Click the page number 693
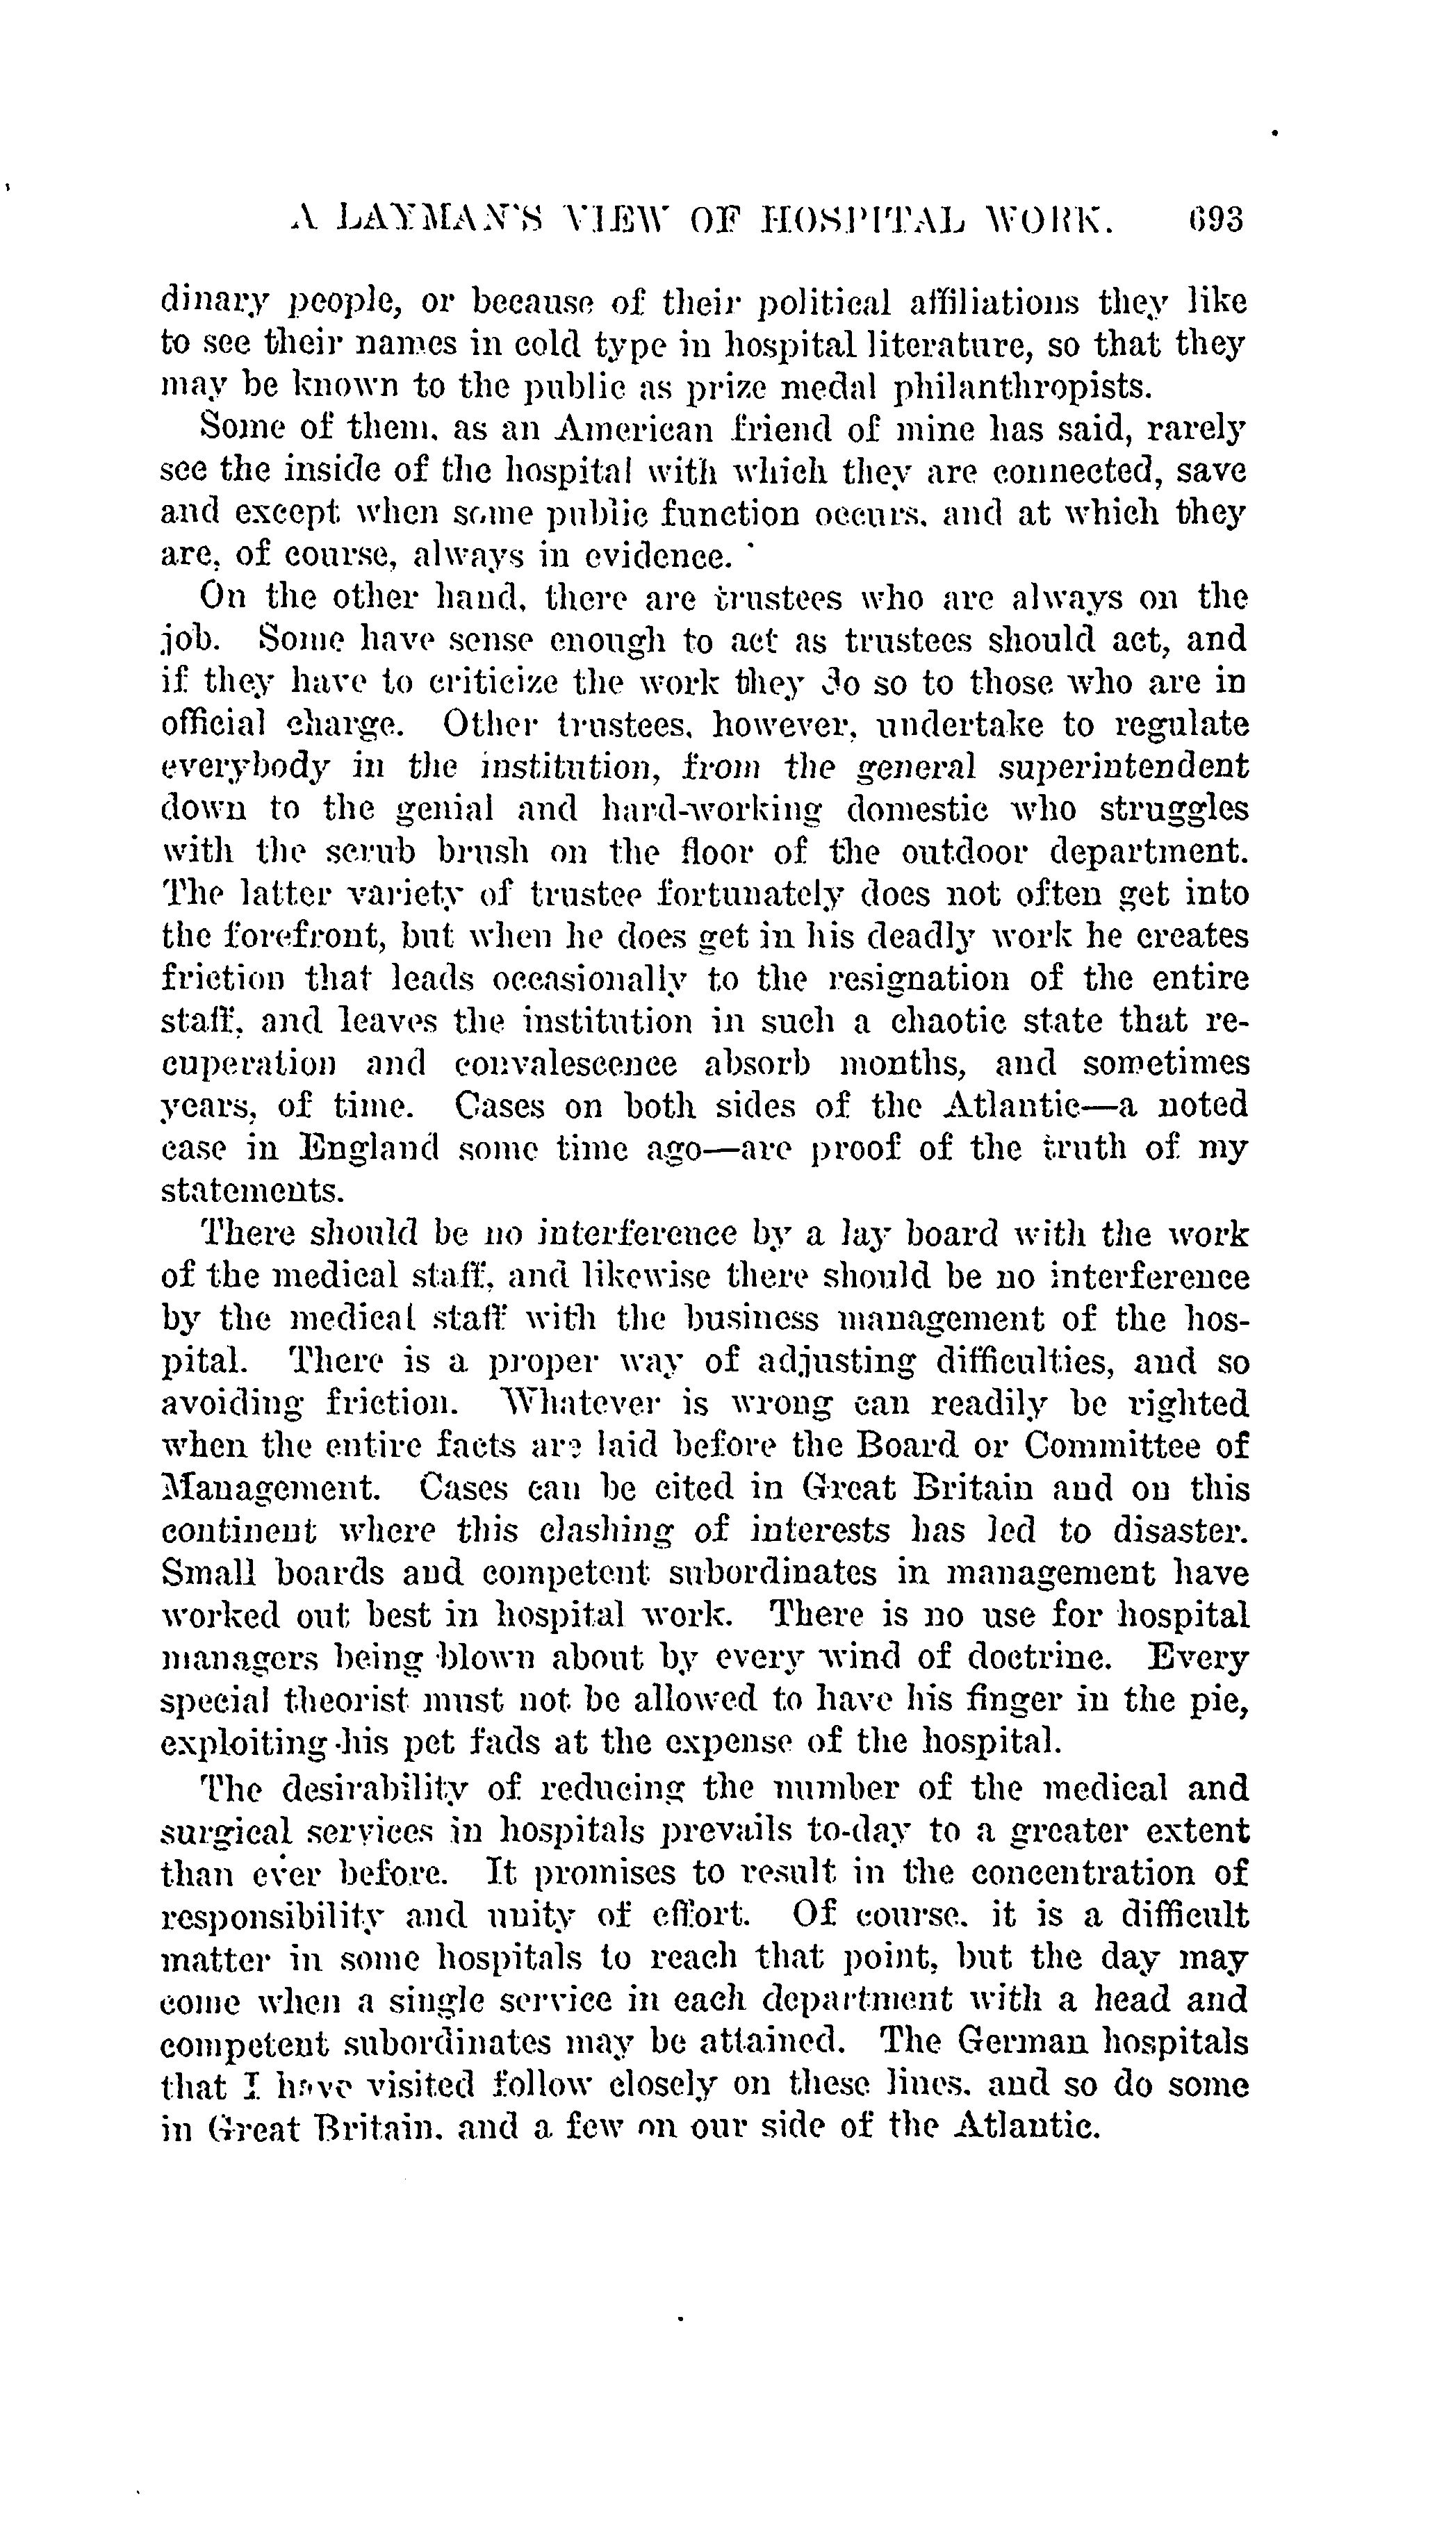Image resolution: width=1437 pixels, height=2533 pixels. [x=1215, y=219]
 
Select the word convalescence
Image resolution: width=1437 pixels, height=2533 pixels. [x=566, y=1064]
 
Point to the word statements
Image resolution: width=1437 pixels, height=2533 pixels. [x=252, y=1191]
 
